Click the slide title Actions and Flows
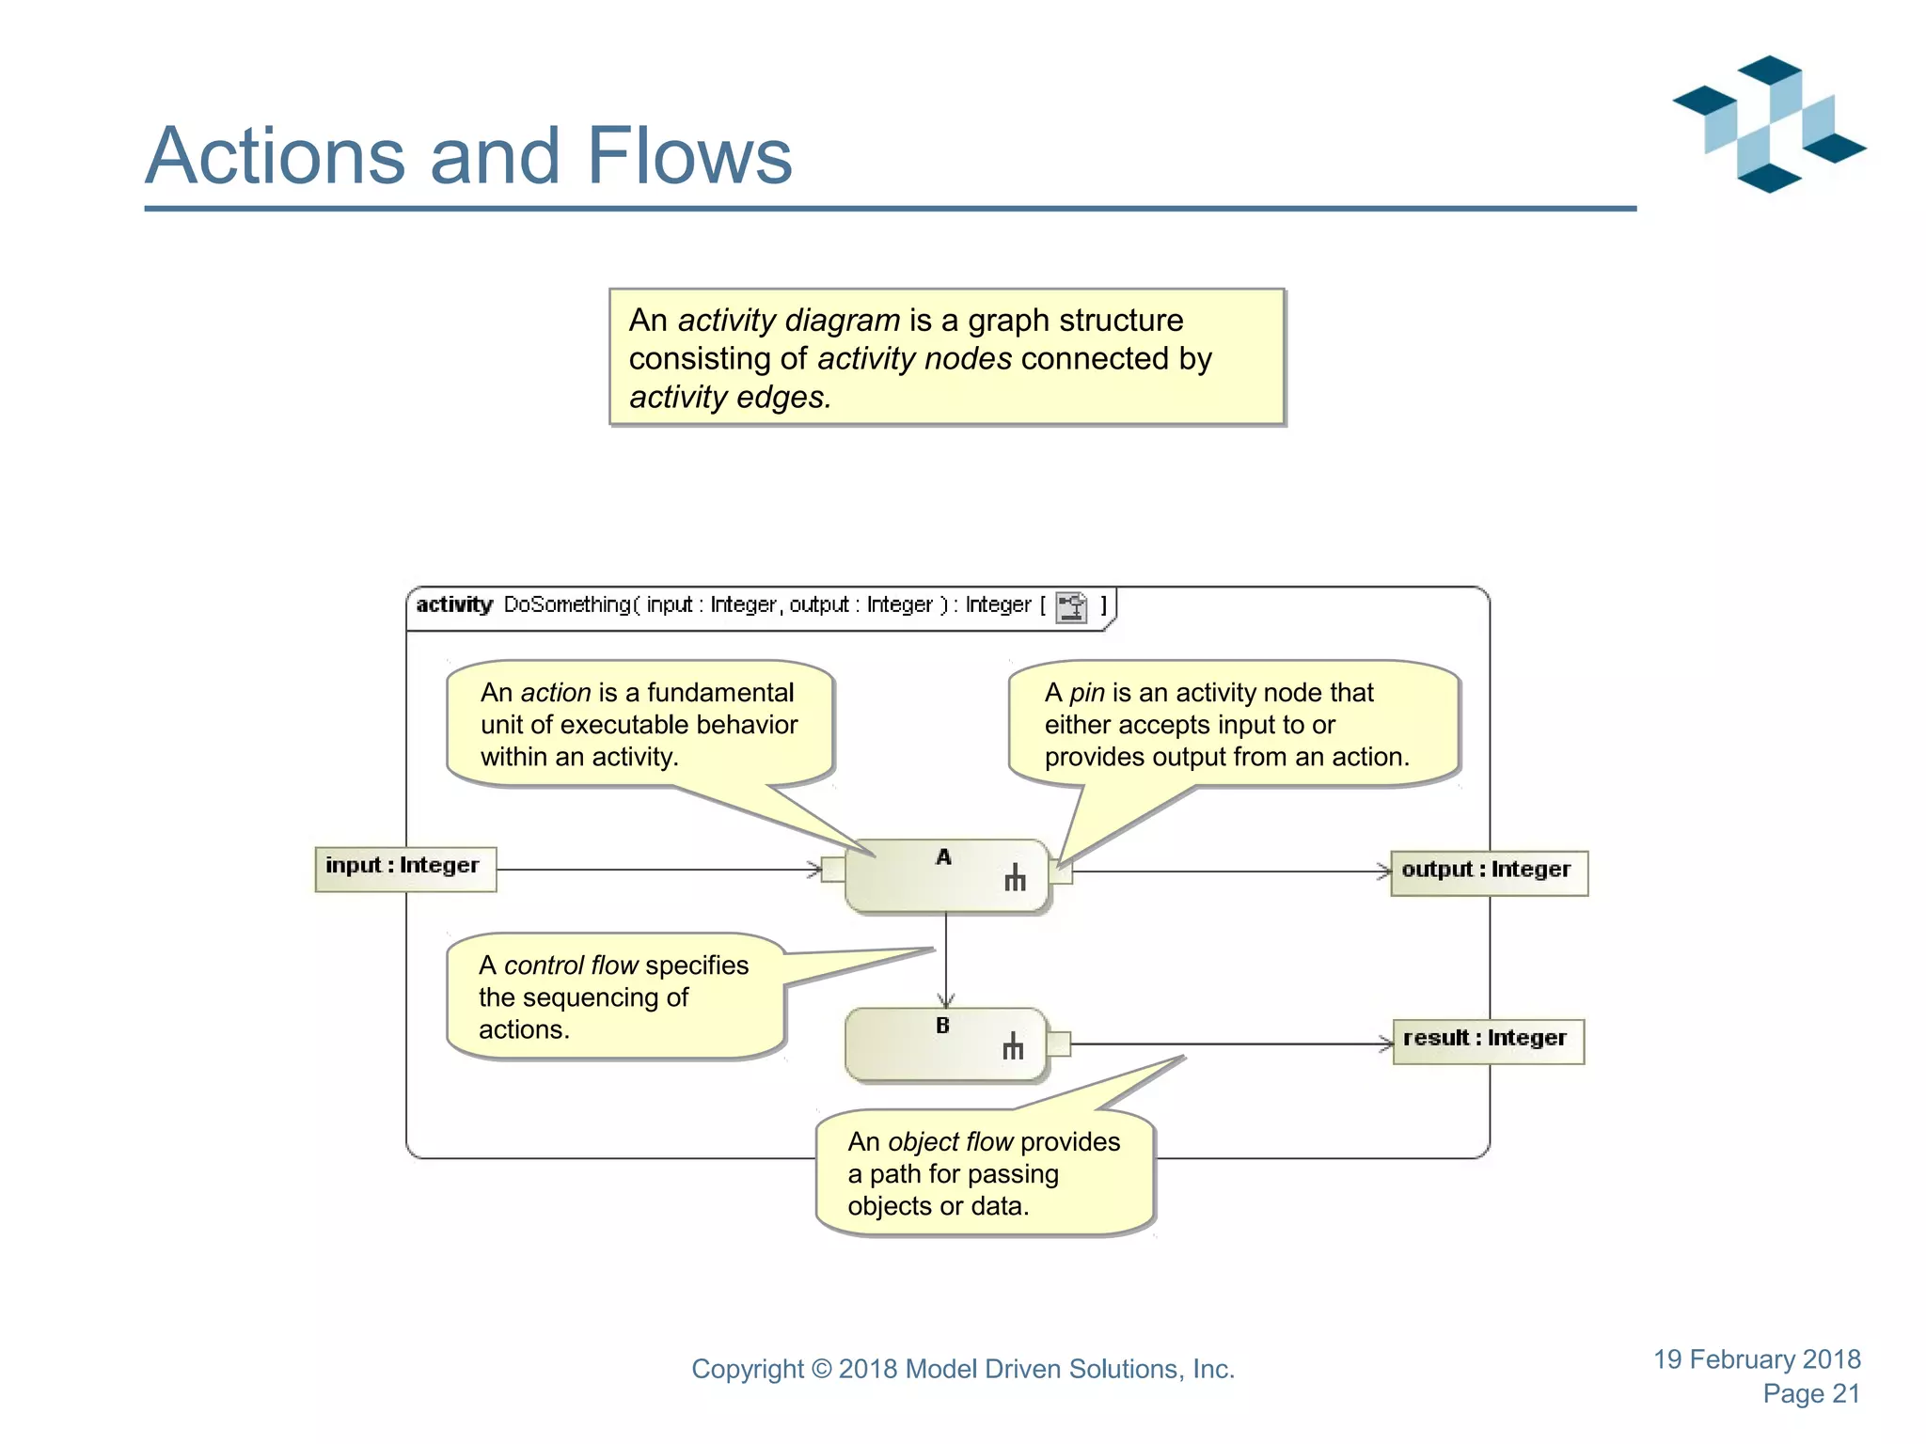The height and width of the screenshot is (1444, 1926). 468,155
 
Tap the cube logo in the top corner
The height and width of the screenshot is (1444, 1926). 1768,124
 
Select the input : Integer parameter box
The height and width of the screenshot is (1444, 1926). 405,868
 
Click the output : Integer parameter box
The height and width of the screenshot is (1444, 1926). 1489,872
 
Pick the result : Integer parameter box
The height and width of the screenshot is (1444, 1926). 1488,1041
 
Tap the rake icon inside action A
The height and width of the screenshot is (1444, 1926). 1015,878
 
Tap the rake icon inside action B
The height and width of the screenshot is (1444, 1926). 1013,1046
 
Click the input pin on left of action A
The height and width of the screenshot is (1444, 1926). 833,870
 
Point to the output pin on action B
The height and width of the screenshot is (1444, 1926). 1059,1044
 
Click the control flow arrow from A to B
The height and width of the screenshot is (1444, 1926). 946,959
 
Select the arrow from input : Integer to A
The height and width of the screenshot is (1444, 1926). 658,870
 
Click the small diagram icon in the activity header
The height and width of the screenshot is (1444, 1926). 1071,607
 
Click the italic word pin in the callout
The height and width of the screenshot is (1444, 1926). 1086,693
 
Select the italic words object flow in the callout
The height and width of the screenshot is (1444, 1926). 950,1142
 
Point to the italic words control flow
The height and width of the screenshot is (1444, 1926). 571,965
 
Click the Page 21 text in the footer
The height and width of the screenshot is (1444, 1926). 1810,1393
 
